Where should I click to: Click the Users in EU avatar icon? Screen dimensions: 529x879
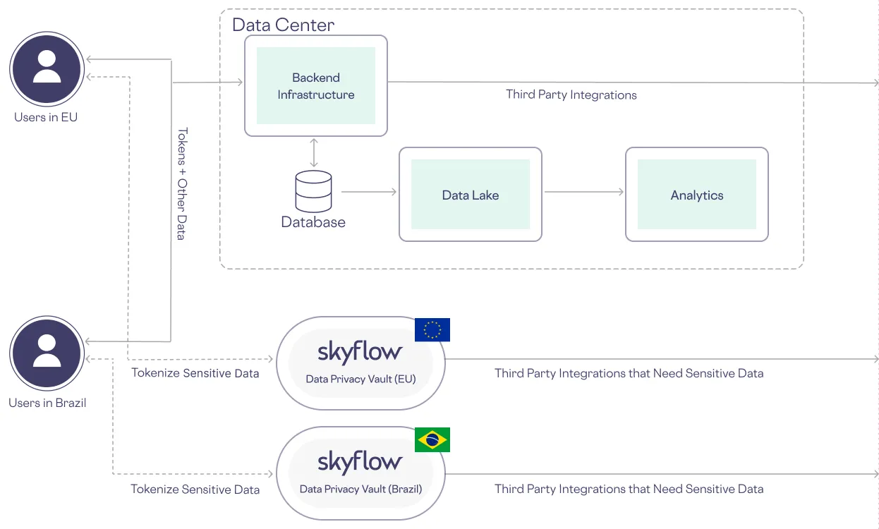47,69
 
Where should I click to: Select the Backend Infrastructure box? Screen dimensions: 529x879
316,86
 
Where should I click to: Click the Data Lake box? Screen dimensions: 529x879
471,195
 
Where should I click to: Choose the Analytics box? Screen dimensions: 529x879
697,195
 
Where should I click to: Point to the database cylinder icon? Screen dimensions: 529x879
313,191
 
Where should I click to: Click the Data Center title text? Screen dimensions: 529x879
283,25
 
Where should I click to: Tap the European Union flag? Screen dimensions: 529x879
432,330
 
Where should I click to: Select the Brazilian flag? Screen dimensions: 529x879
432,440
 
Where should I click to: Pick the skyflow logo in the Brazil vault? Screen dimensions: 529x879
360,463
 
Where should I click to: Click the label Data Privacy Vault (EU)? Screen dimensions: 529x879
360,379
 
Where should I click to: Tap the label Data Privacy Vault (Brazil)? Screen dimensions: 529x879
360,489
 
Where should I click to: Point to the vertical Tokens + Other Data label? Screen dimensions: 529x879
181,183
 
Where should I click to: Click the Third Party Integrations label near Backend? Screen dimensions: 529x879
571,95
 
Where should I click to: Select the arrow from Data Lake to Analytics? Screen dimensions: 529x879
584,192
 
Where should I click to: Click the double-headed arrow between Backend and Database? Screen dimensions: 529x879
314,153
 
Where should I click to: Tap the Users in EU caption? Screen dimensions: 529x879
46,117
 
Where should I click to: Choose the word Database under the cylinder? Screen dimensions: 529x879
313,222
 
